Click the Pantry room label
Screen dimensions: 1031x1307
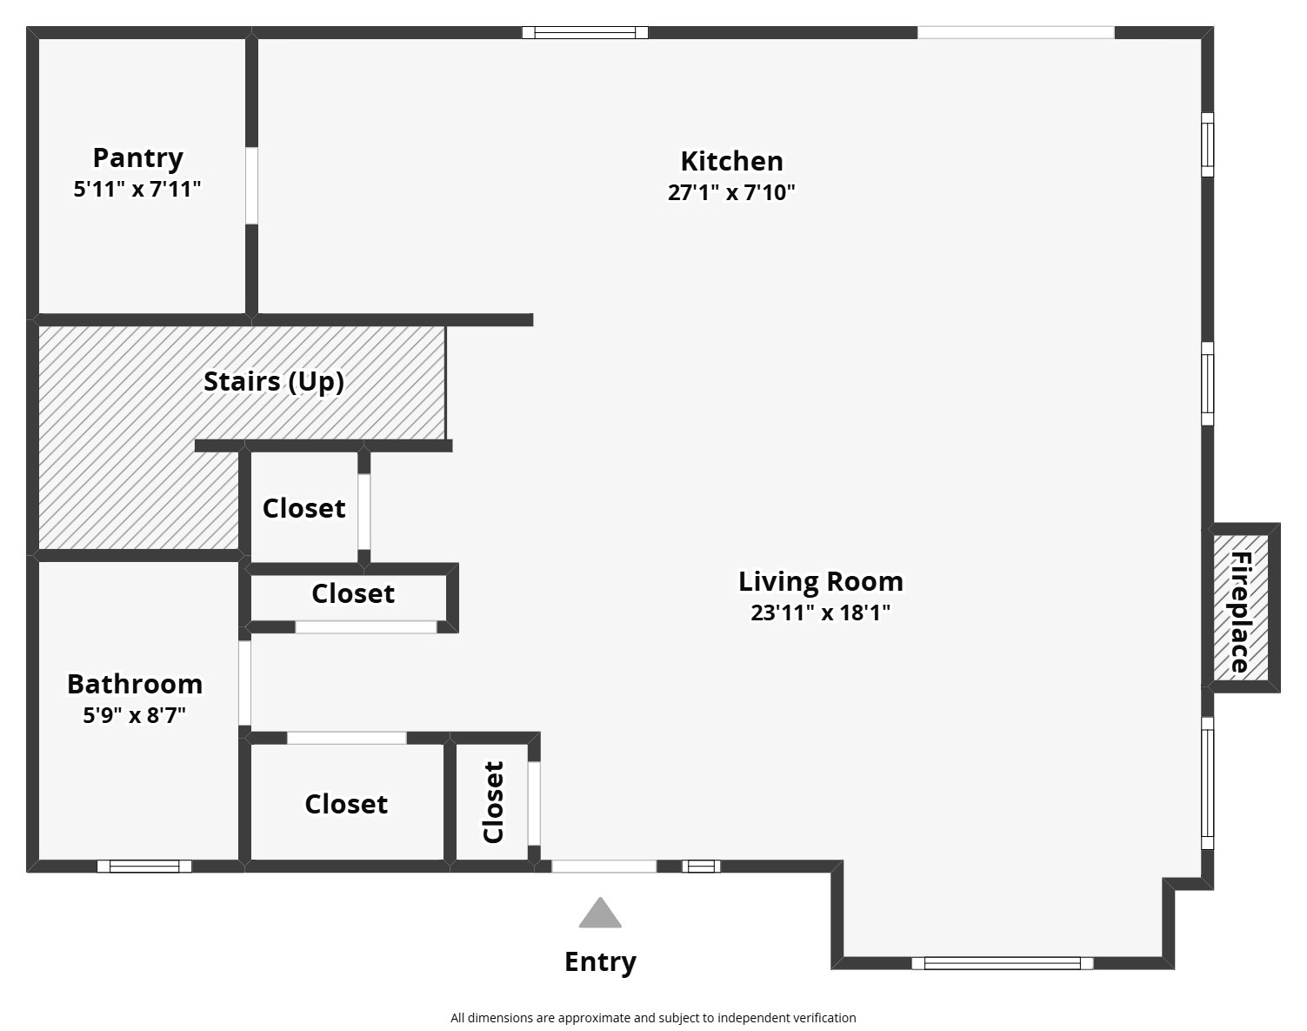(x=137, y=157)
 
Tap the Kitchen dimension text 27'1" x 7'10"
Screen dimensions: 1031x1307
(x=731, y=192)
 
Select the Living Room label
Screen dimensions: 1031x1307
(x=820, y=580)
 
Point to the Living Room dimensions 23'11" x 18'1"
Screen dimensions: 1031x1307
(x=820, y=613)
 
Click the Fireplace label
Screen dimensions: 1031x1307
(x=1240, y=612)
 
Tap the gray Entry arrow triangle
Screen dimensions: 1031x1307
(x=600, y=914)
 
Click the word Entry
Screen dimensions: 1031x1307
(x=600, y=961)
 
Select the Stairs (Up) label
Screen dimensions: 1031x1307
(x=273, y=381)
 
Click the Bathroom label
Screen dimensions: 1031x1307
(x=135, y=684)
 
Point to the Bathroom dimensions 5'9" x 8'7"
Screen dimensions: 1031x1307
(x=135, y=715)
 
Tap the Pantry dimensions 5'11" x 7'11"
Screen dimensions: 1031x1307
(x=137, y=189)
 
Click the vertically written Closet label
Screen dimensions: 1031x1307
(x=493, y=802)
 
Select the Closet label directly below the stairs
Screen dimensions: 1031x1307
(x=303, y=508)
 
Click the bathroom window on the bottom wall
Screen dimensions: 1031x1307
(x=144, y=866)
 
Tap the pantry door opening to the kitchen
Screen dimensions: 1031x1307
(x=251, y=186)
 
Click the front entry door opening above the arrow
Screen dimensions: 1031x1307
(x=603, y=866)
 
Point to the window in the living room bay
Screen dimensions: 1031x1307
(x=1002, y=963)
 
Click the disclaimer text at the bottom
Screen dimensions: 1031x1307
(x=653, y=1017)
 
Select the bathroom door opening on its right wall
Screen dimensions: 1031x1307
(x=245, y=683)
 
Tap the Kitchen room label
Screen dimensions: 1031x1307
(x=731, y=161)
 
